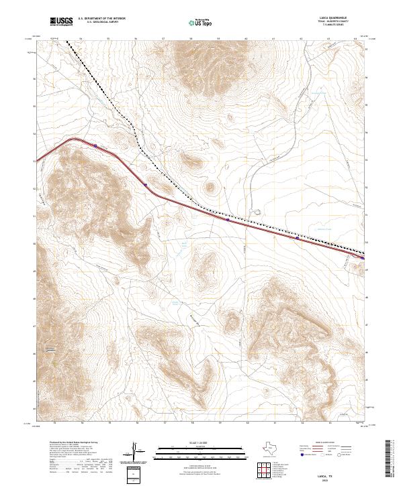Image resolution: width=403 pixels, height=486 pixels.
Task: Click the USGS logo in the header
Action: pyautogui.click(x=62, y=21)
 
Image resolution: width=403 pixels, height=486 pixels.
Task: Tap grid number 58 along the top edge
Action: pyautogui.click(x=191, y=39)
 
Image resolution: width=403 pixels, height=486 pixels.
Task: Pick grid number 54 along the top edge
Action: pyautogui.click(x=81, y=39)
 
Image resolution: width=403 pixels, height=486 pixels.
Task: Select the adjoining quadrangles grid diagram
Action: pyautogui.click(x=268, y=469)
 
